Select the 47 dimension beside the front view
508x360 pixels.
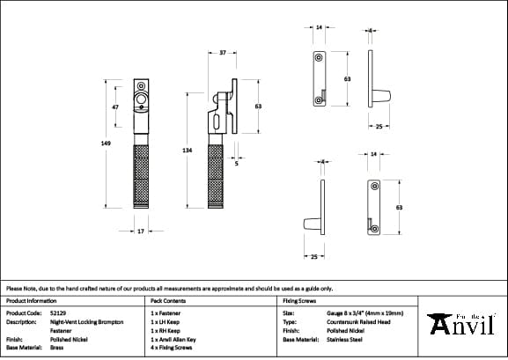(115, 107)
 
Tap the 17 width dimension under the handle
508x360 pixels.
(140, 231)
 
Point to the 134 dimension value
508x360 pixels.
(187, 151)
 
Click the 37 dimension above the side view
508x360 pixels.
(223, 54)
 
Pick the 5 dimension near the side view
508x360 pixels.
(237, 163)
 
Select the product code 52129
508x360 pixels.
(58, 312)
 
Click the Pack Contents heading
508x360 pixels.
(168, 300)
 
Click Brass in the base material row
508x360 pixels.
(57, 347)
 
